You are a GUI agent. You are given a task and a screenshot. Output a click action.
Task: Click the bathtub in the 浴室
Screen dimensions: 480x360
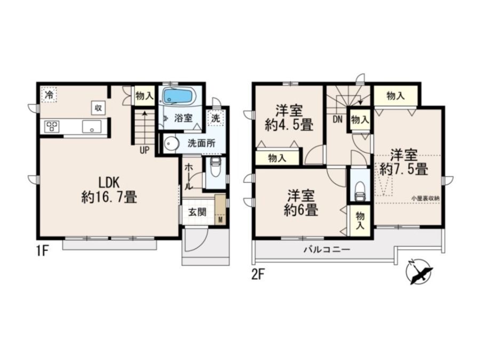tap(178, 96)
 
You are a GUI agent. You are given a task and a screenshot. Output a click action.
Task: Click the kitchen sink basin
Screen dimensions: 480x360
tap(92, 126)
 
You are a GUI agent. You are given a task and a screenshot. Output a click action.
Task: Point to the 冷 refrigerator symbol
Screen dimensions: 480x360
tap(49, 94)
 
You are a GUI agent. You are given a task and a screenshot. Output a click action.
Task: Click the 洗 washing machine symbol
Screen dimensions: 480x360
tap(216, 118)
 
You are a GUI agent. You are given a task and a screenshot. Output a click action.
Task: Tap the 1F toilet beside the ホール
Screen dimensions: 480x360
tap(215, 168)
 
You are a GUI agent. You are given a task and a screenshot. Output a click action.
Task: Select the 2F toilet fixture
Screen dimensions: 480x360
tap(359, 191)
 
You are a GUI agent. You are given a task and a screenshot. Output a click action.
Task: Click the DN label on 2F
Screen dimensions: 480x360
tap(338, 119)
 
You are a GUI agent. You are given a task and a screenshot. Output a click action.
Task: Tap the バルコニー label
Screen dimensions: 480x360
tap(326, 250)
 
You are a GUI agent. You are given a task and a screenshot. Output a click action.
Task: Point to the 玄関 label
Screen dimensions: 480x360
tap(197, 212)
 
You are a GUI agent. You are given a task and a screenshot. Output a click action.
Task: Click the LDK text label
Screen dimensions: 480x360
tap(108, 183)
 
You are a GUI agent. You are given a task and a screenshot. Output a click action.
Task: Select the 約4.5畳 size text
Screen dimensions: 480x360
tap(289, 125)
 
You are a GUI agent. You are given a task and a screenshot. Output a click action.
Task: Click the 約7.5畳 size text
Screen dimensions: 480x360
tap(404, 169)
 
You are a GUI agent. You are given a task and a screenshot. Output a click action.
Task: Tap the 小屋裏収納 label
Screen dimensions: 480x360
tap(425, 198)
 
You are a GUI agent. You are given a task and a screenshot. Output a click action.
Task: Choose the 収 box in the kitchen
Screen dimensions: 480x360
tap(98, 108)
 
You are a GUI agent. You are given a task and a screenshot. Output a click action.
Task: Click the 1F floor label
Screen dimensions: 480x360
tap(42, 252)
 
